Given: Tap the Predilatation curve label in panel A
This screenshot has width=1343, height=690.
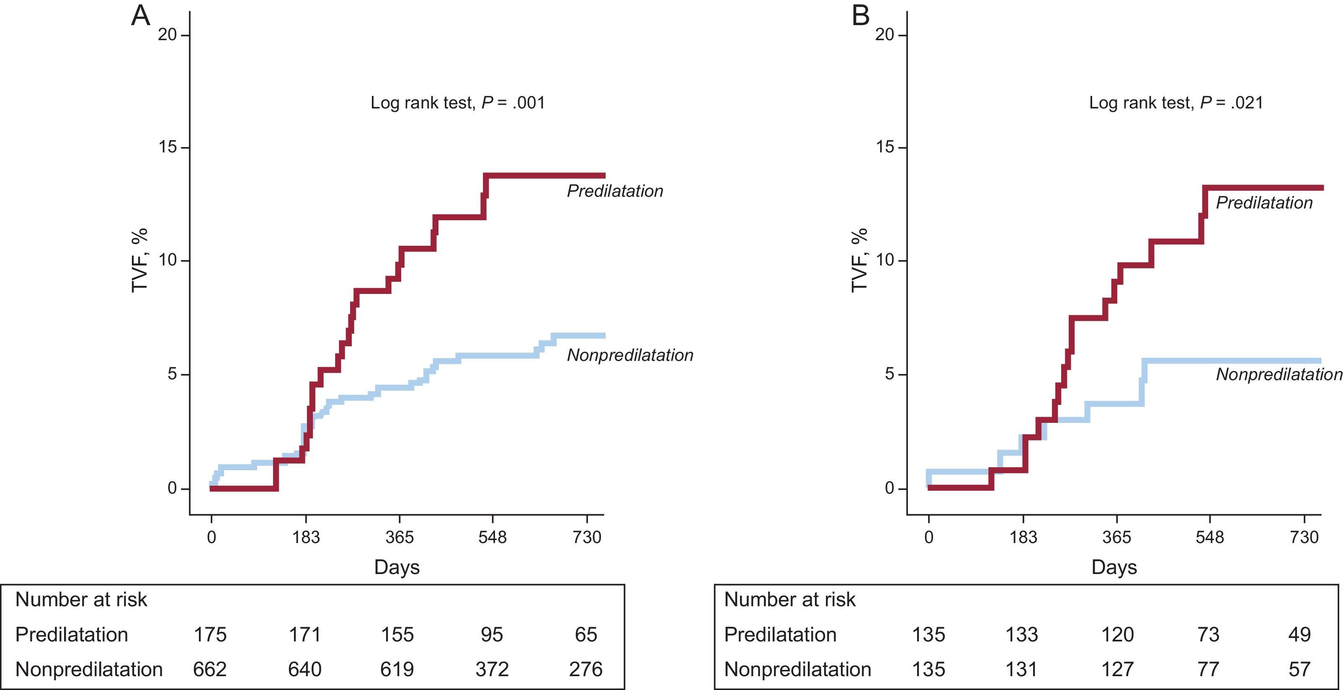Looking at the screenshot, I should (x=615, y=191).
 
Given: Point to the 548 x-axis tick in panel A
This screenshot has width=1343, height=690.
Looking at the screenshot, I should (x=492, y=537).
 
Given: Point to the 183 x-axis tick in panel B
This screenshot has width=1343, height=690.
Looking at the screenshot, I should (x=1023, y=537).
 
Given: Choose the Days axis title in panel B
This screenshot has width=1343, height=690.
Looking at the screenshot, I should (x=1114, y=567).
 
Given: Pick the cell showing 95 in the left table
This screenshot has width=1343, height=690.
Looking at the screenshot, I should (x=492, y=635).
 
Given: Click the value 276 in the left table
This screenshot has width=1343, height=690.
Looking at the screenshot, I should (x=585, y=669).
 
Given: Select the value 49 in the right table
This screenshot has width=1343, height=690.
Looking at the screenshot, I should (x=1299, y=635).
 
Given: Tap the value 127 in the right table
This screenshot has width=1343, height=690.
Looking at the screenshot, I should (x=1117, y=669).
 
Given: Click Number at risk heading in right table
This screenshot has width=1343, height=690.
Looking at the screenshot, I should (x=789, y=600).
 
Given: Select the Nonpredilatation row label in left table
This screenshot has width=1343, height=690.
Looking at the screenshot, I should (x=89, y=669).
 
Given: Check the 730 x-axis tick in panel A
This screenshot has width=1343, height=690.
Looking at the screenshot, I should (x=587, y=537).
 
